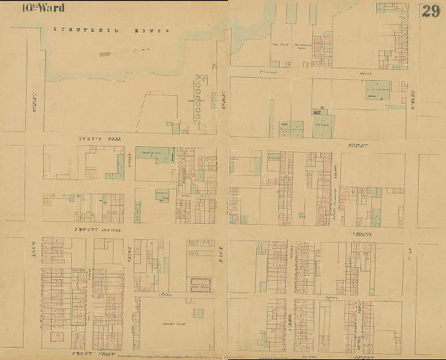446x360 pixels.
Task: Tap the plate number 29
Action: coord(430,11)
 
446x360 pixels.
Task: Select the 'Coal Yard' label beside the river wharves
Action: coord(275,49)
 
